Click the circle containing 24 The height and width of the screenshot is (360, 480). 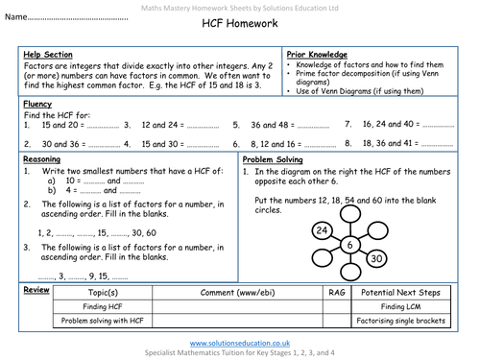pos(323,231)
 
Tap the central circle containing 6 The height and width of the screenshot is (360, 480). pos(351,246)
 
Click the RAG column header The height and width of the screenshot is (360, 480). pos(336,291)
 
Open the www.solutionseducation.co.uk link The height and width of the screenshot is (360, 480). pos(240,342)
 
